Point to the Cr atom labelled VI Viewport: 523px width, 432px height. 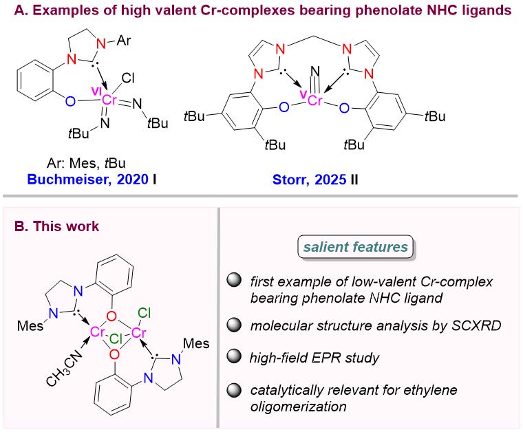109,101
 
